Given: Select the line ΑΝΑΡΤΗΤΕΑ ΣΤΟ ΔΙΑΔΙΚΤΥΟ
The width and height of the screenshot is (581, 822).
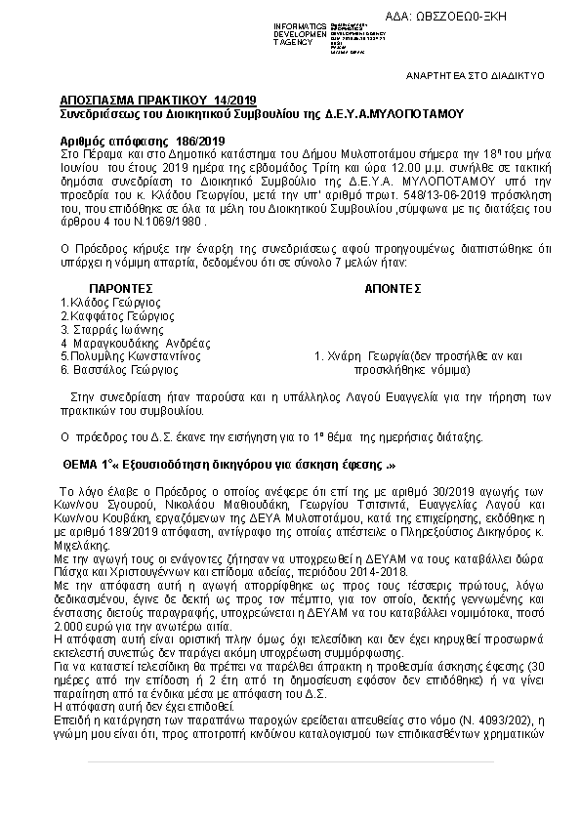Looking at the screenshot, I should (476, 75).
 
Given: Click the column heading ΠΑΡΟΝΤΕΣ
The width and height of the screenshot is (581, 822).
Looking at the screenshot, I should (122, 290).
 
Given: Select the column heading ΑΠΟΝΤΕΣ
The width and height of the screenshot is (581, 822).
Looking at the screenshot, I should (393, 290).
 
